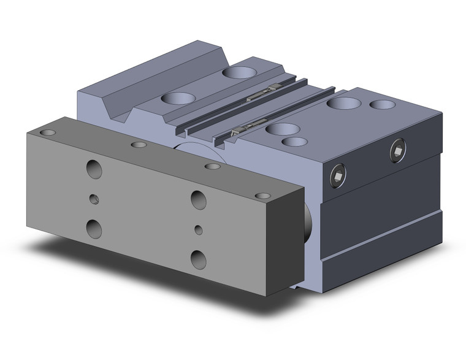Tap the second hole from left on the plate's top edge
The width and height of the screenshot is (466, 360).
pyautogui.click(x=139, y=145)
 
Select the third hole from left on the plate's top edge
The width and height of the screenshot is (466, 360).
pyautogui.click(x=212, y=166)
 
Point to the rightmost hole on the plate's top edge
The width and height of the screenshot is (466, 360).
pyautogui.click(x=262, y=196)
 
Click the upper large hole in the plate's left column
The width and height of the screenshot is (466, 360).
pyautogui.click(x=94, y=169)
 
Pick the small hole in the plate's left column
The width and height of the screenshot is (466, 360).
pyautogui.click(x=93, y=199)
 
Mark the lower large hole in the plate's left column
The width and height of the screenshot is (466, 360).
pyautogui.click(x=94, y=228)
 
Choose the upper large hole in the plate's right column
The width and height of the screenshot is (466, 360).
pyautogui.click(x=198, y=199)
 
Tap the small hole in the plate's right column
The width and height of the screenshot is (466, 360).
pyautogui.click(x=198, y=229)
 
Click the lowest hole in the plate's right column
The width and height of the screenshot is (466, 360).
pyautogui.click(x=198, y=259)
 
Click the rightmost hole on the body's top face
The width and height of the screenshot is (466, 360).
pyautogui.click(x=383, y=105)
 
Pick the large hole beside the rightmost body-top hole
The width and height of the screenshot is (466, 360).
pyautogui.click(x=343, y=102)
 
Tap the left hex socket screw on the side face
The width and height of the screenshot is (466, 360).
pyautogui.click(x=337, y=177)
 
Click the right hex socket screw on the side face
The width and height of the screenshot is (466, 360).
pyautogui.click(x=398, y=151)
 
